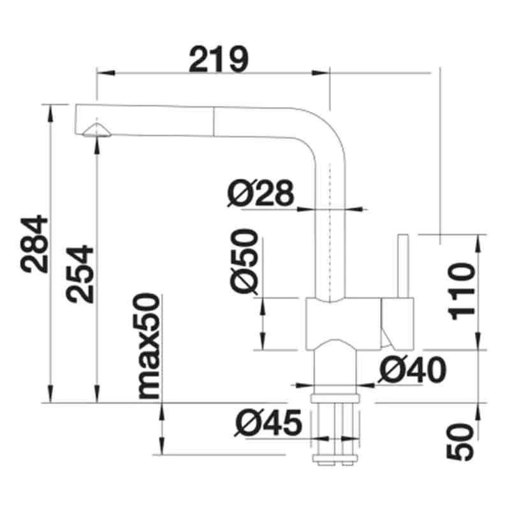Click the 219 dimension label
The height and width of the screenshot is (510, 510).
click(219, 59)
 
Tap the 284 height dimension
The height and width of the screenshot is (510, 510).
click(34, 244)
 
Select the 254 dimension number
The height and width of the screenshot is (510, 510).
click(80, 274)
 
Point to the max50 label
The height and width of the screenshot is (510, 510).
click(147, 346)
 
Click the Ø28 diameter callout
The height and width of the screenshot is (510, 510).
click(261, 193)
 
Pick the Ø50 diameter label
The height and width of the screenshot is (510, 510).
click(244, 262)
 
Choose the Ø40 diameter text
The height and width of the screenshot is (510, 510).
click(412, 370)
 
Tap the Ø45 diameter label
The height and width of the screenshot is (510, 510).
click(268, 423)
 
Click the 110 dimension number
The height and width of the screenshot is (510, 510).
click(462, 291)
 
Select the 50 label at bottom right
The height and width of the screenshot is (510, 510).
click(460, 442)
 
